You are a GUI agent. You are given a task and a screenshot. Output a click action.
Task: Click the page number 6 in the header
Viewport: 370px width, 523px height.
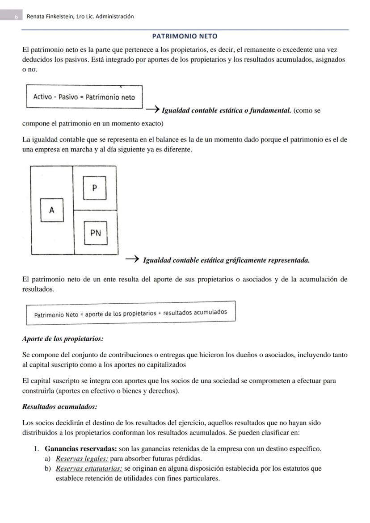(x=16, y=17)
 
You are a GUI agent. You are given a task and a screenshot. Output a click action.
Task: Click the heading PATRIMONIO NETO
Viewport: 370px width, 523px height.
(x=185, y=36)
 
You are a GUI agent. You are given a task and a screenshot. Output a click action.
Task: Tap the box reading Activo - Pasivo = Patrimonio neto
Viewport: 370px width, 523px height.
(x=84, y=97)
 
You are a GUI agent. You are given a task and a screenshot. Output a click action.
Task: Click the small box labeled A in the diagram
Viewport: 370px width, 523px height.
(x=52, y=210)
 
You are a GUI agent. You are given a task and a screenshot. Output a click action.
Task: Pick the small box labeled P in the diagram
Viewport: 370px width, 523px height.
(x=94, y=188)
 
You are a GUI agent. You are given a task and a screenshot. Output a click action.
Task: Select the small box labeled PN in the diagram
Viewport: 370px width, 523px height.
(x=96, y=233)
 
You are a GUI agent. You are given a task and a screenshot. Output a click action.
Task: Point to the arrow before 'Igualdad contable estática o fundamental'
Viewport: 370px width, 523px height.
(x=152, y=109)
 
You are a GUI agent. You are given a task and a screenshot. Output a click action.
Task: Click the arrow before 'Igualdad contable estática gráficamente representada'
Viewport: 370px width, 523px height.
(x=131, y=259)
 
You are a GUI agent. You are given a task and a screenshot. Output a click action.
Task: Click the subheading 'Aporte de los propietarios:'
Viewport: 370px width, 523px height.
(x=63, y=339)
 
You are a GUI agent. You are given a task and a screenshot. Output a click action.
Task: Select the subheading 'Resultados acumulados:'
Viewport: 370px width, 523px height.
(x=59, y=407)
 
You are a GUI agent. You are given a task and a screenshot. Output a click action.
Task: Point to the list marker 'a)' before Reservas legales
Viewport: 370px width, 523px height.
(x=47, y=459)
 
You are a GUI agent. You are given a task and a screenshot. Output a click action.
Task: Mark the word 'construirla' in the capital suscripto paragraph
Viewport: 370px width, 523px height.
(x=38, y=391)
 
